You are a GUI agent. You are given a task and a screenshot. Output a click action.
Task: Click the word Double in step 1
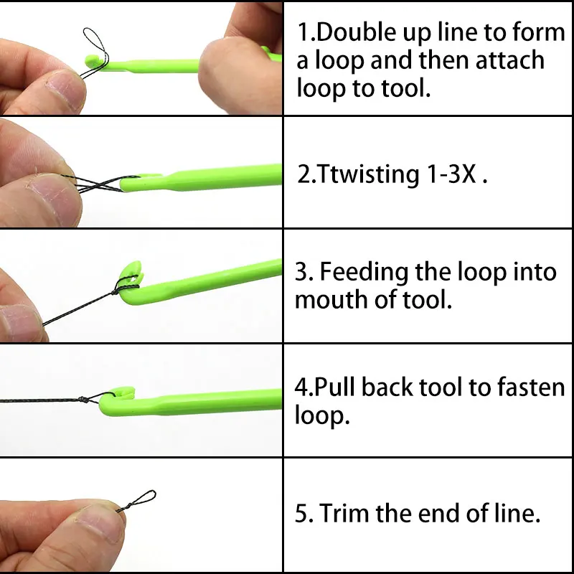[x=356, y=32]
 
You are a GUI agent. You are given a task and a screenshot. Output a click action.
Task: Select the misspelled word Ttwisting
[x=368, y=174]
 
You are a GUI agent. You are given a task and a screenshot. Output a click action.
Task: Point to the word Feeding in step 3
[x=364, y=273]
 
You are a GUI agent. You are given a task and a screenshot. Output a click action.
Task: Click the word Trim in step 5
[x=344, y=513]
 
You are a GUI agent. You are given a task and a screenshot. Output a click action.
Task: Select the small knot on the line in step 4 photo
[x=84, y=400]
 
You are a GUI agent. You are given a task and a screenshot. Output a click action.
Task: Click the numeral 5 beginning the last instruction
[x=301, y=513]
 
